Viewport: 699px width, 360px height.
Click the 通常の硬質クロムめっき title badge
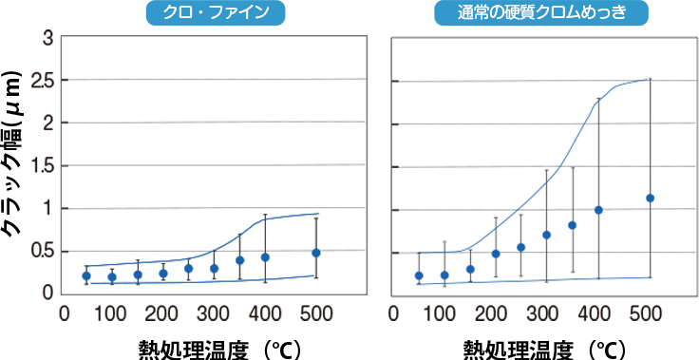point(540,13)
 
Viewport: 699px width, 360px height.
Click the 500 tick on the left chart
point(316,312)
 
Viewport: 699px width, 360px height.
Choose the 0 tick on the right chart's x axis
point(397,312)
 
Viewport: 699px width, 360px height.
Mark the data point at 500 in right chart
point(650,199)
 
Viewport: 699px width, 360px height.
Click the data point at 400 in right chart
point(598,210)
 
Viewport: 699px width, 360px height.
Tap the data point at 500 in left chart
point(316,253)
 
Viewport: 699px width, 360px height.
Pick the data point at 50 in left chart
point(86,276)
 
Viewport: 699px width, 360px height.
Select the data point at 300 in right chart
point(547,235)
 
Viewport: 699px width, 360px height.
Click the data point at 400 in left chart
point(265,257)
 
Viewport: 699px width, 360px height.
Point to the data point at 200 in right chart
point(496,254)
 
